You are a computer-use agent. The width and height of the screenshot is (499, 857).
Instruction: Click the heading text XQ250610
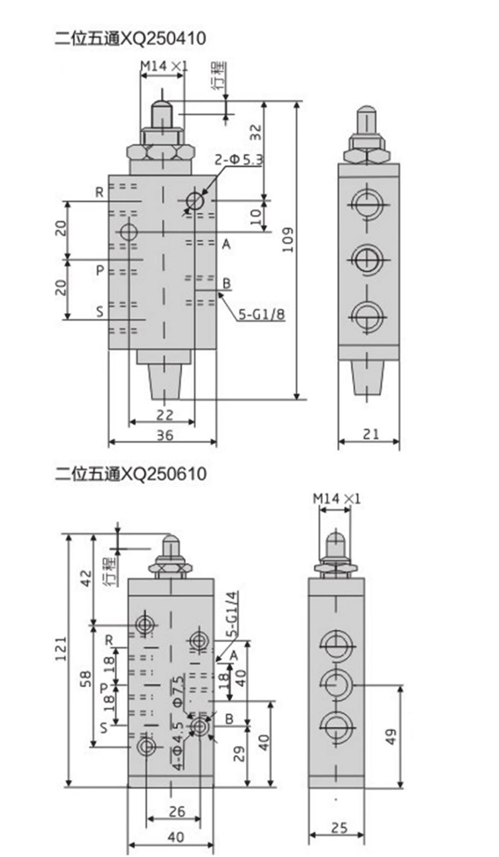pyautogui.click(x=164, y=474)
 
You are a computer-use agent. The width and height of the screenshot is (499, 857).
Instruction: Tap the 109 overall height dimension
pyautogui.click(x=288, y=240)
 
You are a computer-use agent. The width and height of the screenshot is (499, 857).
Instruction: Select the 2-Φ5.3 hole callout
pyautogui.click(x=240, y=160)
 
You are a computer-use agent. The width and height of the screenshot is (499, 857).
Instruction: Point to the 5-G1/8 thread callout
pyautogui.click(x=262, y=315)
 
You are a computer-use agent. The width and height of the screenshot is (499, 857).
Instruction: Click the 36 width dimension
pyautogui.click(x=165, y=435)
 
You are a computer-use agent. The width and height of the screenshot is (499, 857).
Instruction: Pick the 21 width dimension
pyautogui.click(x=371, y=434)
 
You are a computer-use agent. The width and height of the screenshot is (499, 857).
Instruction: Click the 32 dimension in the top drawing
pyautogui.click(x=256, y=133)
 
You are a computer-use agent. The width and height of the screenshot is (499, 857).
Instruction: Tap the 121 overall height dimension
pyautogui.click(x=61, y=649)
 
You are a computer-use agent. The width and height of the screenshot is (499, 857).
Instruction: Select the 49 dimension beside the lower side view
pyautogui.click(x=390, y=737)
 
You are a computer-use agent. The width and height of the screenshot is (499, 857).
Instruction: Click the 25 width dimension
pyautogui.click(x=339, y=828)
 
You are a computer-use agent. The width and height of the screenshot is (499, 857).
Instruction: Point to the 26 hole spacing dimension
pyautogui.click(x=177, y=812)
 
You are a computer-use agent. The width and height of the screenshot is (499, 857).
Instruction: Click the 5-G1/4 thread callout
pyautogui.click(x=232, y=614)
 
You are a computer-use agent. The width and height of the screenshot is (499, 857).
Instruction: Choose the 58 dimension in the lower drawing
pyautogui.click(x=86, y=679)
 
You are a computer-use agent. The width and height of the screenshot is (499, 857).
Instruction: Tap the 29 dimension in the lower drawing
pyautogui.click(x=240, y=754)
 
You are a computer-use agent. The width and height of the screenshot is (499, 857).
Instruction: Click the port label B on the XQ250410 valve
pyautogui.click(x=226, y=284)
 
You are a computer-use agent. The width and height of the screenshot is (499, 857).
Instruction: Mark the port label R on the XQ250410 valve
pyautogui.click(x=100, y=193)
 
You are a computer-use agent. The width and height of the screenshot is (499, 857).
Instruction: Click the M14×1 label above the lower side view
pyautogui.click(x=337, y=499)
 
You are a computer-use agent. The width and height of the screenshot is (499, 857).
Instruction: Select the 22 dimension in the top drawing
pyautogui.click(x=165, y=414)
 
